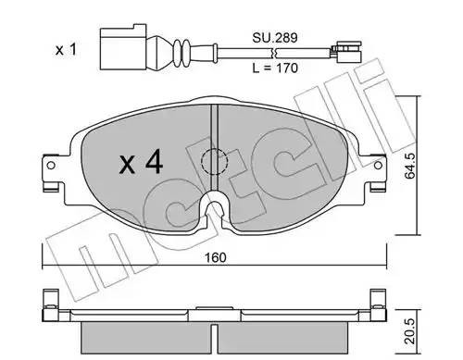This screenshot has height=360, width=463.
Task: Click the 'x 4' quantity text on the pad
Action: tap(141, 164)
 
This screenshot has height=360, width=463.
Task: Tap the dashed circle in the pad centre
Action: tap(215, 161)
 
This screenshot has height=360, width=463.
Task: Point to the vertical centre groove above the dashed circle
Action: tap(215, 125)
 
